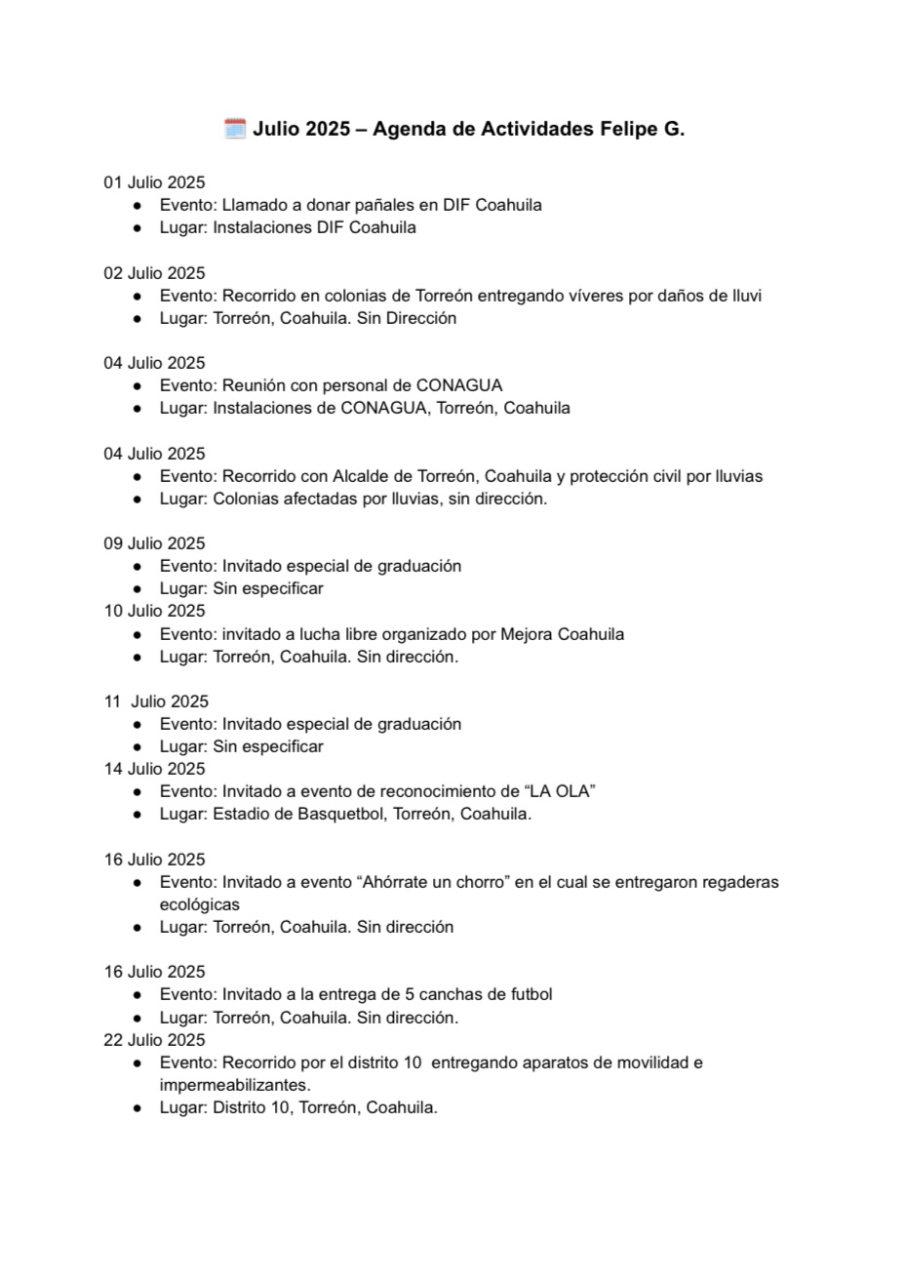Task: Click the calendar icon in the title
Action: coord(235,129)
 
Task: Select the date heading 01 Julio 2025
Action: coord(154,182)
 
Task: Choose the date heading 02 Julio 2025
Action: coord(154,273)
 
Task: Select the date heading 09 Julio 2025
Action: coord(154,543)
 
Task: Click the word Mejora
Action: coord(526,634)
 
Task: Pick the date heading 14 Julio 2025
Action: coord(154,769)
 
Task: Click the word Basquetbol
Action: coord(344,814)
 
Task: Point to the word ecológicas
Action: coord(199,904)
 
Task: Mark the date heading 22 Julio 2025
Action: coord(154,1040)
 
